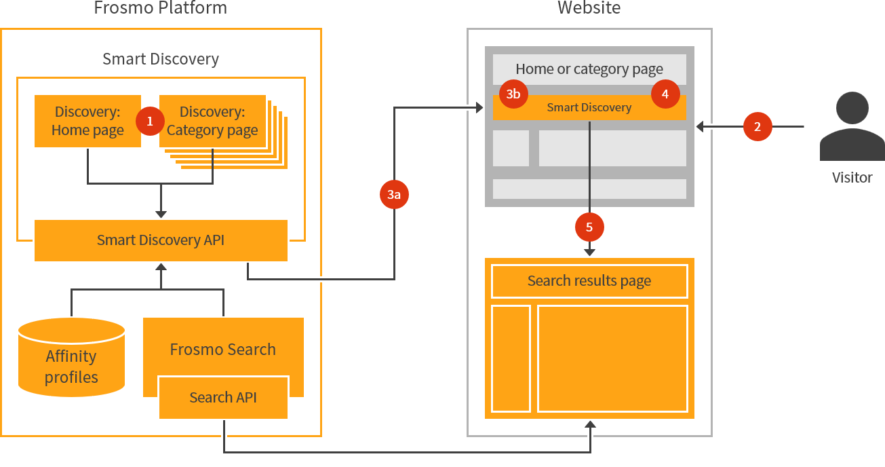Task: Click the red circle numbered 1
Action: coord(150,121)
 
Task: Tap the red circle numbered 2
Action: coord(758,126)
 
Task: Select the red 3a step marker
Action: coord(394,195)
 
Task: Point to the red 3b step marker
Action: coord(513,94)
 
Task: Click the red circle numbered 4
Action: coord(665,94)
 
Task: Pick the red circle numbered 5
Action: coord(589,227)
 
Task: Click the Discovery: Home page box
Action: coord(87,121)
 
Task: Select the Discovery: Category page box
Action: coord(212,121)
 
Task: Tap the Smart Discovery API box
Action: coord(161,240)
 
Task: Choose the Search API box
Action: coord(223,398)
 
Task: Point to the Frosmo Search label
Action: coord(223,350)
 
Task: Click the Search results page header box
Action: coord(589,281)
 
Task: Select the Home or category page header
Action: coord(589,69)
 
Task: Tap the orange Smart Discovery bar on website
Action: coord(589,108)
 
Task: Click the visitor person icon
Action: coord(852,128)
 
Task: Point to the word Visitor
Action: coord(852,178)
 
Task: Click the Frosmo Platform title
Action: coord(161,9)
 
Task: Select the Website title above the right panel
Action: coord(589,9)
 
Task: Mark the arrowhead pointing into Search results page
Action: coord(589,252)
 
